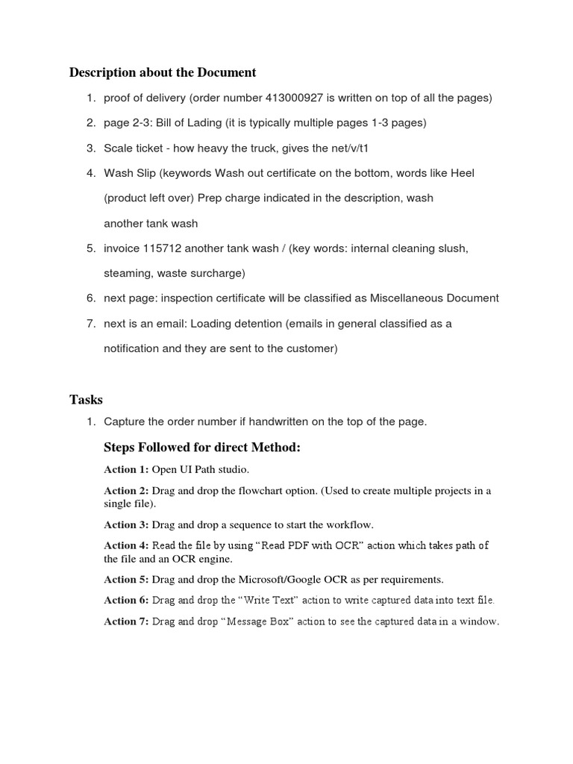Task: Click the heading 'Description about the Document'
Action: (163, 72)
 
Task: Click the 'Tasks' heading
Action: (86, 400)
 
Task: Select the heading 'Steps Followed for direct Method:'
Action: (201, 448)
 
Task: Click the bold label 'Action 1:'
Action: (126, 470)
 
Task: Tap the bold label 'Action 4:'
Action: (126, 545)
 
